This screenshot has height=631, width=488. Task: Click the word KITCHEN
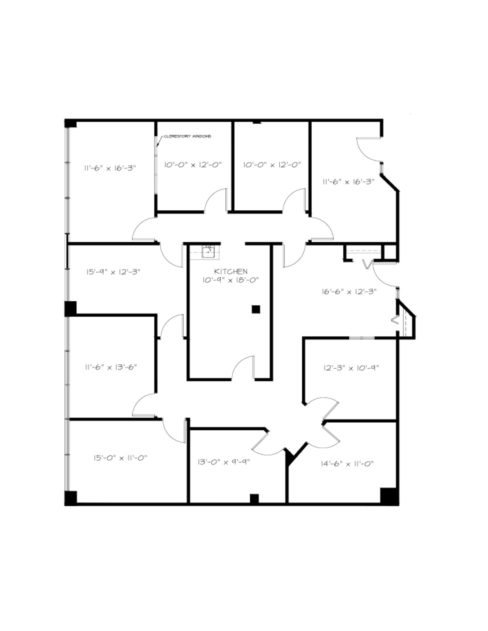click(x=231, y=271)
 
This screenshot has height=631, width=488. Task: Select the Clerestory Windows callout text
click(x=187, y=136)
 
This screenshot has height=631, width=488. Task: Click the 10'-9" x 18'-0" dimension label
click(x=230, y=280)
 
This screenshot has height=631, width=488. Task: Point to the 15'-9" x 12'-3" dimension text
click(x=113, y=272)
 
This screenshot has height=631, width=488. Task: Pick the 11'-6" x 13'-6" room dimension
click(x=111, y=367)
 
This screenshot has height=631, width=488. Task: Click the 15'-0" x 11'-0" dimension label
click(x=121, y=458)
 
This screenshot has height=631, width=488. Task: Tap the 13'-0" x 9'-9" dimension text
click(x=223, y=462)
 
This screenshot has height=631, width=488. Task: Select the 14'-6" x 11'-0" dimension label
click(x=347, y=464)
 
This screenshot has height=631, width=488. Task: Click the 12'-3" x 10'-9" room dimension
click(x=351, y=368)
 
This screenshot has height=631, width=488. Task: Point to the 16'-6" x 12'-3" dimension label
click(x=349, y=291)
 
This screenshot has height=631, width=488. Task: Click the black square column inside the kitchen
click(x=256, y=309)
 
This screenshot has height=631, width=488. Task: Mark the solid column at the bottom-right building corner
click(x=389, y=496)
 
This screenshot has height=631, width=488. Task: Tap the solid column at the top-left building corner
click(x=71, y=123)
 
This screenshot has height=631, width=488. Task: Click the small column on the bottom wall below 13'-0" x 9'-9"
click(x=254, y=499)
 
